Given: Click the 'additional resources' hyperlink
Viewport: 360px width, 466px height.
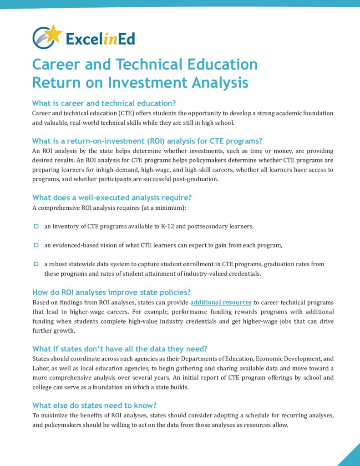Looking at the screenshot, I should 221,303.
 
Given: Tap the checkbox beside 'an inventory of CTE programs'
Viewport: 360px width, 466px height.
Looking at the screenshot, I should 36,226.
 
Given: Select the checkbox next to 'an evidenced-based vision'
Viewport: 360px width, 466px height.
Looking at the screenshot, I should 36,245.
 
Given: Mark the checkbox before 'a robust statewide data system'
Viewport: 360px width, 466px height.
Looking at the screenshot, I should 36,264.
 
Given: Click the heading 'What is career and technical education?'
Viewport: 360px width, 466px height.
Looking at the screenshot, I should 104,103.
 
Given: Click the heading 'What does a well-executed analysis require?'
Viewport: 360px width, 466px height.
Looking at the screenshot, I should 112,198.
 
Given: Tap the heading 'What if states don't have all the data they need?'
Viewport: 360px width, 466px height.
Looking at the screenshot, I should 120,349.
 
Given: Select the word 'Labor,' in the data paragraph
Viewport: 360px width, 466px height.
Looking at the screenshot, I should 41,368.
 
